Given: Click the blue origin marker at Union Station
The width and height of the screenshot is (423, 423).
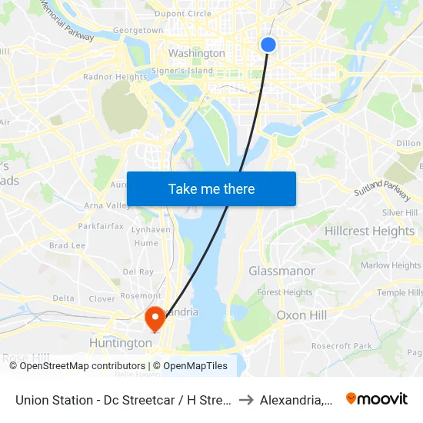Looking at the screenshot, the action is pos(268,45).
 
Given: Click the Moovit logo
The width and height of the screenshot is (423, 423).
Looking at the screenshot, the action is pos(377,399).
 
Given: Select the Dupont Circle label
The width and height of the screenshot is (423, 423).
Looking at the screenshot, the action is pos(182,13).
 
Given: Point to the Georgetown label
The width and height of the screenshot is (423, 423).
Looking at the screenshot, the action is pos(138,31).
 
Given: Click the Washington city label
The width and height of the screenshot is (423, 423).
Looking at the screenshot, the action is pos(197,54).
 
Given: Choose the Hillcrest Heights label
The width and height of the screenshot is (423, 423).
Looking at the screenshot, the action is pos(369,231).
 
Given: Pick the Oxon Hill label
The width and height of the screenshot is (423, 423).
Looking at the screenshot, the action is pos(302,315).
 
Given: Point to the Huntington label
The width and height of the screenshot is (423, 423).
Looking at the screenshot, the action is pos(122,343).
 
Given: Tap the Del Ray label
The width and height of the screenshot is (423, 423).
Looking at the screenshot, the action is pos(138,271).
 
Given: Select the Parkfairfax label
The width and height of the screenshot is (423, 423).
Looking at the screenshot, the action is pos(100,227).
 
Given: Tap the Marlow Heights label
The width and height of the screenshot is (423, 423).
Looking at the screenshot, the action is pos(391,265).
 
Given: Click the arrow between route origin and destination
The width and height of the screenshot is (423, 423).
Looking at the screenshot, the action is pos(246,399).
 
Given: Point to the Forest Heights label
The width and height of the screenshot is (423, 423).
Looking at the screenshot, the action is pos(285,292).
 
